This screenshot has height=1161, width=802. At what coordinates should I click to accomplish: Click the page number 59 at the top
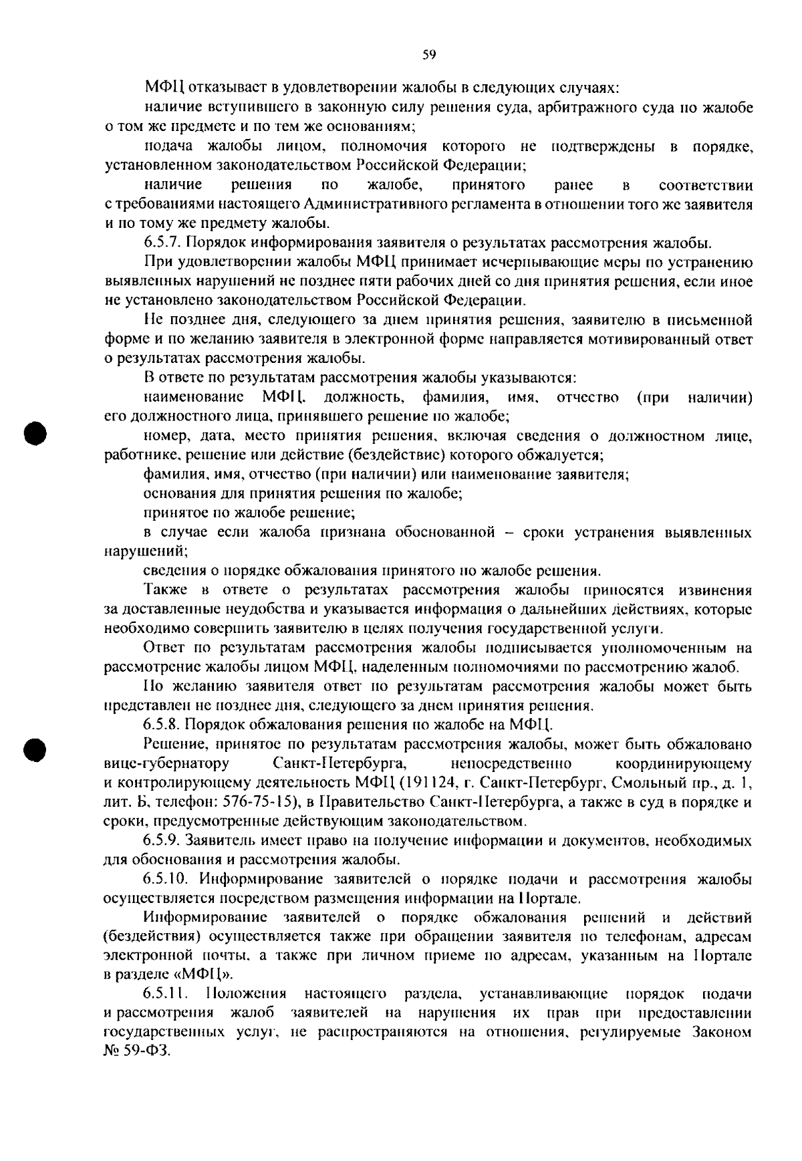429,55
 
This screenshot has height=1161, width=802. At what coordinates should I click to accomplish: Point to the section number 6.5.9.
161,840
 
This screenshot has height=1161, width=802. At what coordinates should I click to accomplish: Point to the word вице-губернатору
167,763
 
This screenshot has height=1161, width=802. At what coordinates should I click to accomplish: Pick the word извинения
714,590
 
